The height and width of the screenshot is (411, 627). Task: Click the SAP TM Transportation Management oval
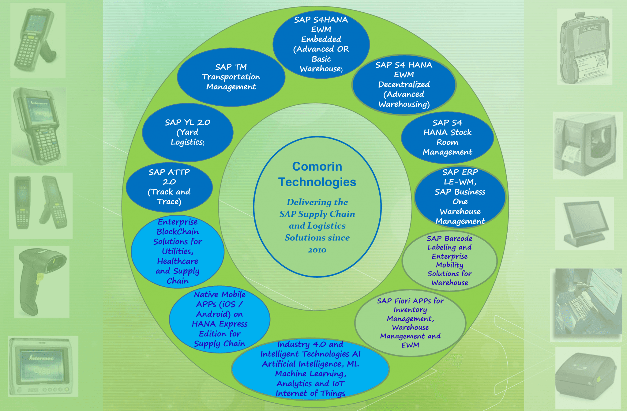tap(231, 77)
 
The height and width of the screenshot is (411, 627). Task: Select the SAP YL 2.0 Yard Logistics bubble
tap(188, 132)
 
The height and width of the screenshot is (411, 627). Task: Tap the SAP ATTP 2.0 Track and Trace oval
tap(169, 187)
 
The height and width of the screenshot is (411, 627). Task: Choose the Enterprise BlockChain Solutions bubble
tap(178, 251)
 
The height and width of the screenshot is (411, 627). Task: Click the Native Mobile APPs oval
tap(220, 319)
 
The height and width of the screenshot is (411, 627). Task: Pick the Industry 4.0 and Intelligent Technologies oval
tap(310, 369)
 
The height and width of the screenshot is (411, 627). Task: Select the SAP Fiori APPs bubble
tap(410, 323)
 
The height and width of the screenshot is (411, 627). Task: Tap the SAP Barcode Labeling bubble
tap(449, 260)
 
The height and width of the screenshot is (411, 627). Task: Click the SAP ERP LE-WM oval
tap(460, 197)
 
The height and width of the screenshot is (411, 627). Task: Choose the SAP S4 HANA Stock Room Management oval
tap(447, 138)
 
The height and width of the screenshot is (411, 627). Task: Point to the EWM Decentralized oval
tap(404, 85)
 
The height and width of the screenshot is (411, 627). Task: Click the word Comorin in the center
tap(317, 166)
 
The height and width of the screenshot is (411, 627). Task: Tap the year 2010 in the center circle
tap(317, 250)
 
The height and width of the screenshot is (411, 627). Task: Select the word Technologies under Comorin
tap(317, 182)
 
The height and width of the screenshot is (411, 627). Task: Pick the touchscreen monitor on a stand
tap(584, 223)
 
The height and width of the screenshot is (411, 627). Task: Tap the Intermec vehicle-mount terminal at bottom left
tap(43, 366)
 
